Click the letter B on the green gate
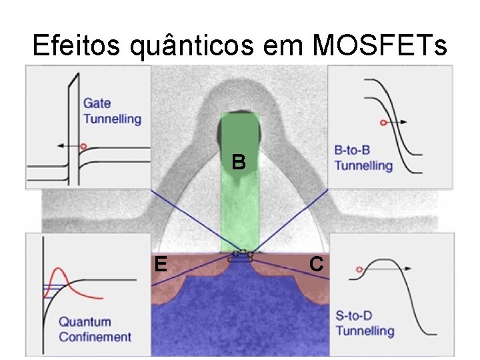[239, 162]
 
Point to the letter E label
[159, 265]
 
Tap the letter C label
[317, 264]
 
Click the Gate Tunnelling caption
[112, 111]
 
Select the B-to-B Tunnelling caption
[363, 157]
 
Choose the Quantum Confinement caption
[95, 329]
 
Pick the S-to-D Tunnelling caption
[365, 323]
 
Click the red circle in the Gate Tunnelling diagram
[83, 145]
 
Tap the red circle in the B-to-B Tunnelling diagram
[383, 123]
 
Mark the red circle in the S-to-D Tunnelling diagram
[359, 269]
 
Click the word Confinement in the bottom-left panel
[95, 337]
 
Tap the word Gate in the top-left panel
[97, 103]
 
